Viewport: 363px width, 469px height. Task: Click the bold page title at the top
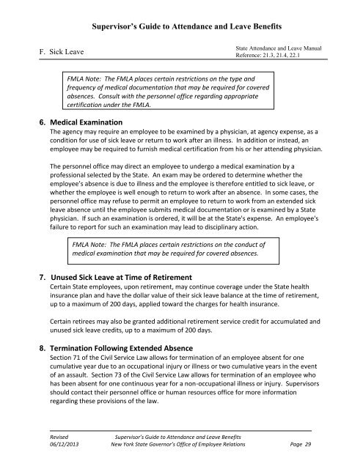tap(181, 24)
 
